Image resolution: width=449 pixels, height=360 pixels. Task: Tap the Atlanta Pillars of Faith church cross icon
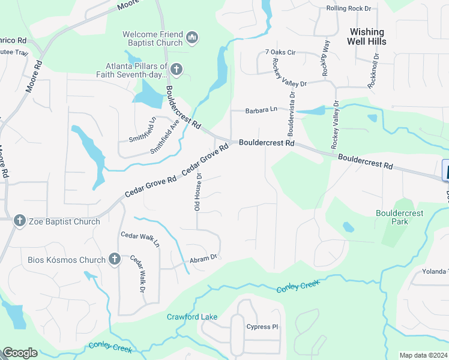pos(176,68)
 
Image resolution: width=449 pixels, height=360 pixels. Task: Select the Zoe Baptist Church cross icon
pos(20,221)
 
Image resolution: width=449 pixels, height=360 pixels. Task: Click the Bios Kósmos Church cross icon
pos(115,259)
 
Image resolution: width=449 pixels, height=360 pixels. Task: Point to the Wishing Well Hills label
pos(367,37)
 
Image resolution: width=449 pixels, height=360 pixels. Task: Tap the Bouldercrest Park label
pos(399,217)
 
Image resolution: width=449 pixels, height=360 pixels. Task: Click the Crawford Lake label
pos(192,317)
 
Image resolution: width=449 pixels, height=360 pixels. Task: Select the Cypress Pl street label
pos(262,327)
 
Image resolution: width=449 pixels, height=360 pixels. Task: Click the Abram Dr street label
pos(203,259)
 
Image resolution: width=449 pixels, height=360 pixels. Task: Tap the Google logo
pos(20,353)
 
